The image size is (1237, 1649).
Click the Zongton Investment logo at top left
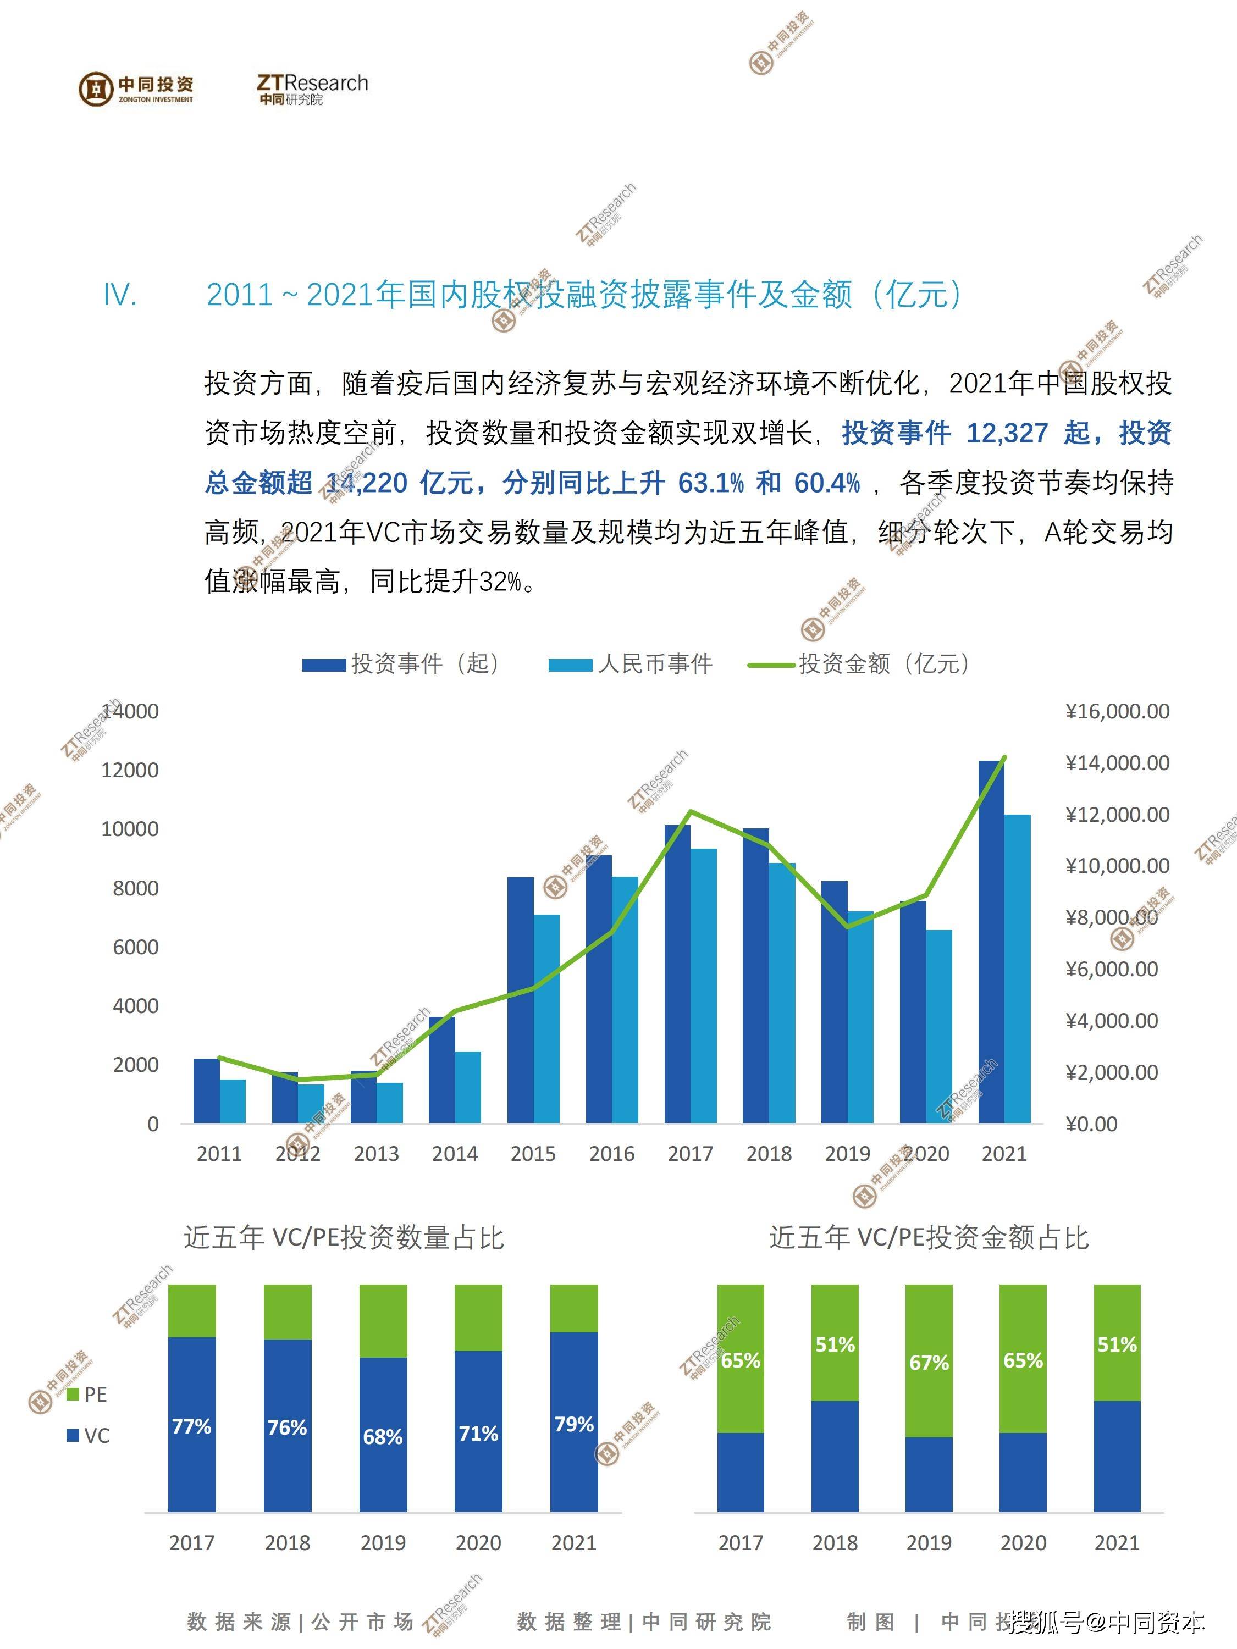pyautogui.click(x=136, y=88)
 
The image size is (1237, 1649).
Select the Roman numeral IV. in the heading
pyautogui.click(x=120, y=296)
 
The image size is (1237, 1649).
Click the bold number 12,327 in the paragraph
pyautogui.click(x=1007, y=433)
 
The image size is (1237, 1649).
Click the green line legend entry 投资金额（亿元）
pyautogui.click(x=860, y=663)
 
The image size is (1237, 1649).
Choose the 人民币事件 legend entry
pyautogui.click(x=631, y=663)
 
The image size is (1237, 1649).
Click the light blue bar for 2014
pyautogui.click(x=467, y=1086)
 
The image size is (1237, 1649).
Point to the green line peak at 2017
pyautogui.click(x=691, y=811)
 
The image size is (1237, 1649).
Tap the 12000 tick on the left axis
pyautogui.click(x=130, y=770)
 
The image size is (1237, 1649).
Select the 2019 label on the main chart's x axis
pyautogui.click(x=847, y=1154)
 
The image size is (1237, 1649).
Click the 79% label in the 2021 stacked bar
pyautogui.click(x=574, y=1424)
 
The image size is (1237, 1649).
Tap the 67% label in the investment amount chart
pyautogui.click(x=929, y=1363)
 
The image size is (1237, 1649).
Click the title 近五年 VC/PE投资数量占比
pyautogui.click(x=344, y=1238)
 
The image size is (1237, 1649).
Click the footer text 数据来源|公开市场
pyautogui.click(x=300, y=1622)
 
